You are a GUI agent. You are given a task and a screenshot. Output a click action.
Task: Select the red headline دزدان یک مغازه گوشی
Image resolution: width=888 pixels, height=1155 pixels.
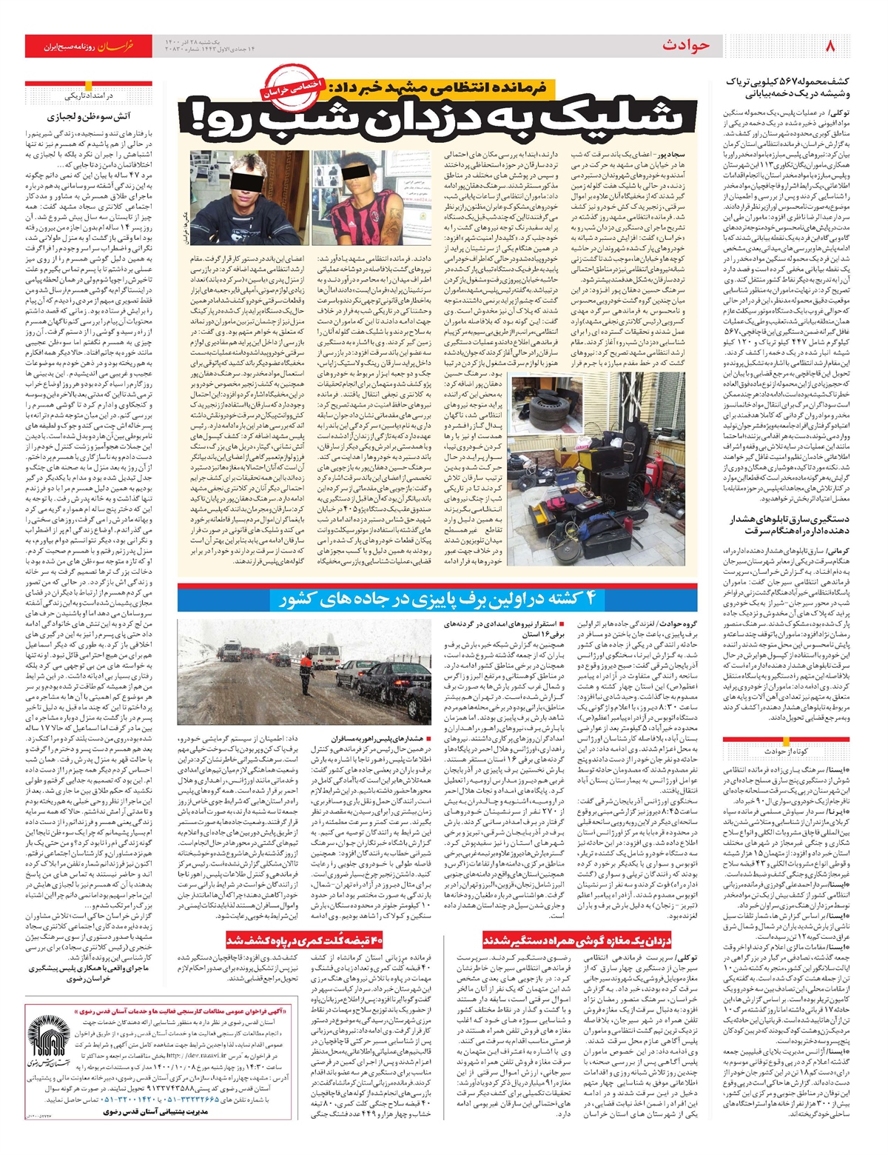(x=577, y=940)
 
